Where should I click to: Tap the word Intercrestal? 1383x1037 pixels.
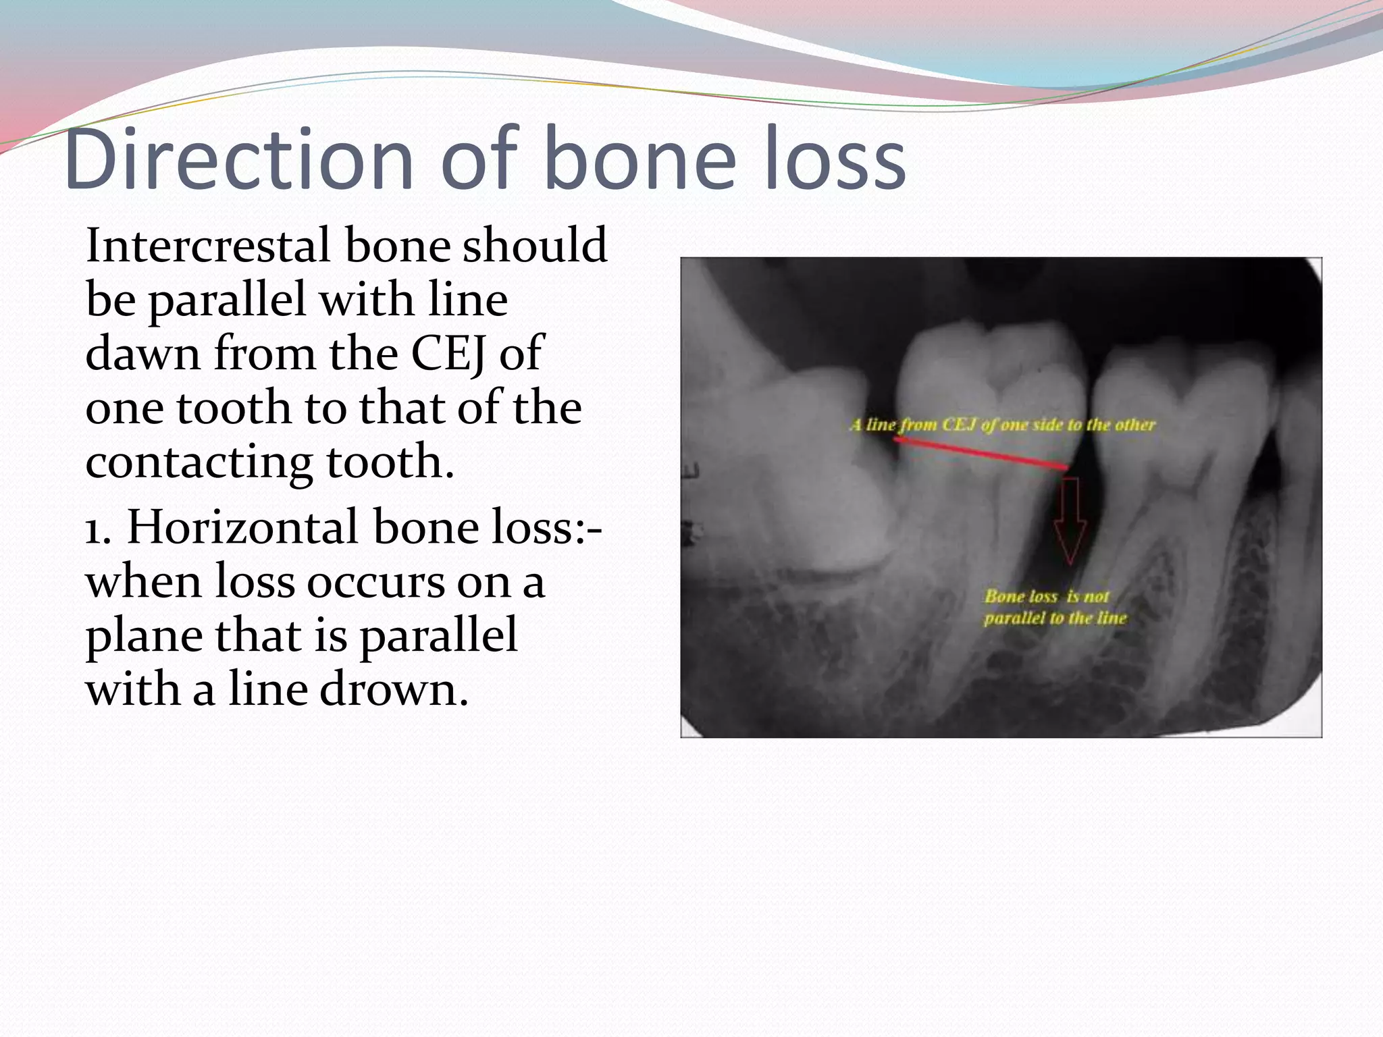coord(208,245)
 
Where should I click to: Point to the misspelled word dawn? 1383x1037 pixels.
coord(142,354)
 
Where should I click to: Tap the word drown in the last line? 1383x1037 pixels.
coord(393,691)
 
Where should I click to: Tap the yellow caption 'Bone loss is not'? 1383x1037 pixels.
coord(1046,597)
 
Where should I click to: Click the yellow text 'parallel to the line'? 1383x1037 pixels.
coord(1055,618)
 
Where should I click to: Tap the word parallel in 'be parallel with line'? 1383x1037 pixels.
coord(227,300)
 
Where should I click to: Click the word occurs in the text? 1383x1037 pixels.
coord(370,583)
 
